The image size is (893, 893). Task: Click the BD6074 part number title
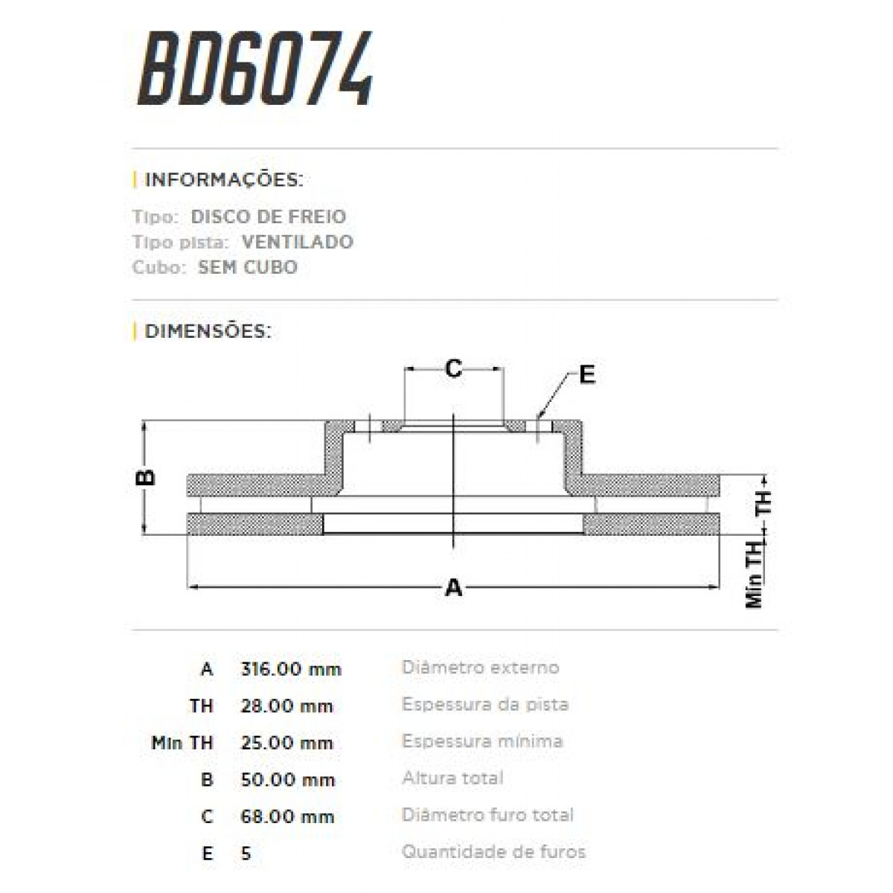point(255,68)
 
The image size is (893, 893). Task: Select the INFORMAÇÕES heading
point(223,180)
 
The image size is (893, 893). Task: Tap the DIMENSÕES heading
point(208,331)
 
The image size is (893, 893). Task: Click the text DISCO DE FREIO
point(268,217)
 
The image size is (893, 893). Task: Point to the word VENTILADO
point(298,242)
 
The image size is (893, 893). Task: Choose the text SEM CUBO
point(248,267)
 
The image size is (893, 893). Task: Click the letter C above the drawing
point(453,368)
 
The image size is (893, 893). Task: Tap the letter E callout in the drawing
point(587,375)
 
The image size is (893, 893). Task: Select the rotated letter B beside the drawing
point(147,476)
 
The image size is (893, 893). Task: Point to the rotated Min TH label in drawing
point(755,574)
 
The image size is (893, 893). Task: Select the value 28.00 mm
point(287,705)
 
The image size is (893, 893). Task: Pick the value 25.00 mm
point(287,743)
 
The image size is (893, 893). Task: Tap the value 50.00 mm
point(287,780)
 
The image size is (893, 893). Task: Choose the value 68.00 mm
point(287,816)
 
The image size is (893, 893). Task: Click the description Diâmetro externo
point(480,668)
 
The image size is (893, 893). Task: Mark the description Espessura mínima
point(482,741)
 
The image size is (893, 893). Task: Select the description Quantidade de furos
point(493,851)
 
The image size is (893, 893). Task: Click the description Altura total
point(452,778)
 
